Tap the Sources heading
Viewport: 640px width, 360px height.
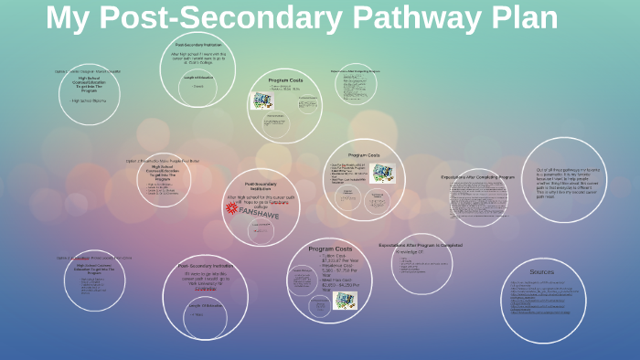[x=542, y=271]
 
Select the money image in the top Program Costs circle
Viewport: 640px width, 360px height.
[x=263, y=101]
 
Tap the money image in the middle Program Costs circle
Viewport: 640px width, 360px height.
[x=383, y=173]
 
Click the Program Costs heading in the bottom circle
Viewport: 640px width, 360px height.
[x=330, y=249]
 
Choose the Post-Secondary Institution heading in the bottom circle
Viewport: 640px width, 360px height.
[x=205, y=266]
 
